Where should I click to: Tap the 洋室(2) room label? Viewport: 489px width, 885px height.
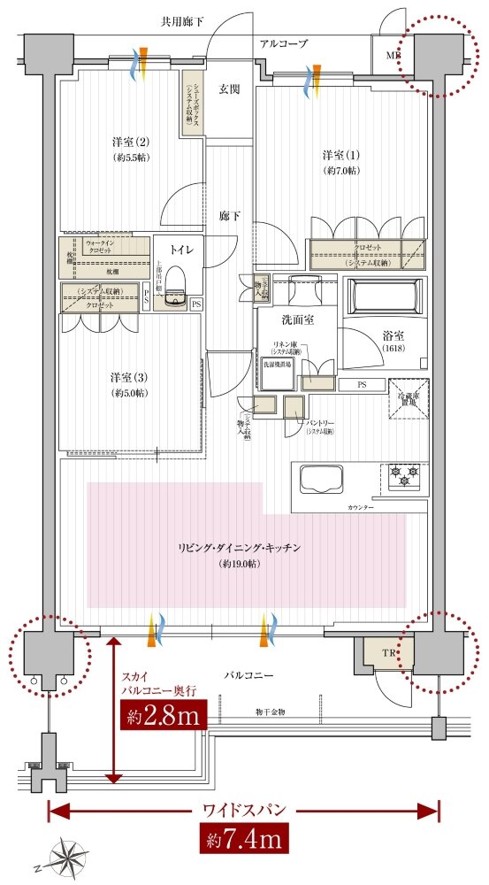tap(130, 142)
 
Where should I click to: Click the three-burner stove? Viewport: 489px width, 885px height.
tap(404, 478)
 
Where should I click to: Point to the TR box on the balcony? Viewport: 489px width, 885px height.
tap(377, 654)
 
